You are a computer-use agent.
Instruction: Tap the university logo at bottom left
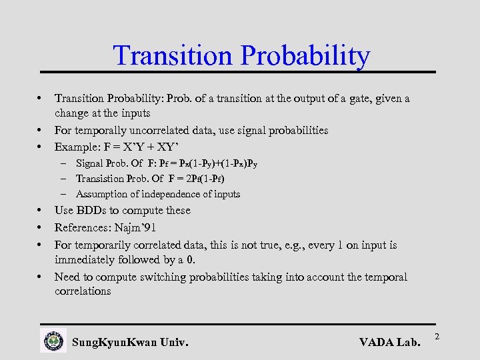[x=53, y=340]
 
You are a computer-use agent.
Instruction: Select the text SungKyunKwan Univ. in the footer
[x=130, y=343]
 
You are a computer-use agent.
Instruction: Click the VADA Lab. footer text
[x=389, y=343]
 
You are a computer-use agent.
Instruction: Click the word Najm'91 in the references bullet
[x=134, y=228]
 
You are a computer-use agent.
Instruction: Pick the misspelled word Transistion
[x=101, y=179]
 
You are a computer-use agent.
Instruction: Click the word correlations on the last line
[x=83, y=291]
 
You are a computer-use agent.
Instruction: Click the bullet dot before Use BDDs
[x=42, y=210]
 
